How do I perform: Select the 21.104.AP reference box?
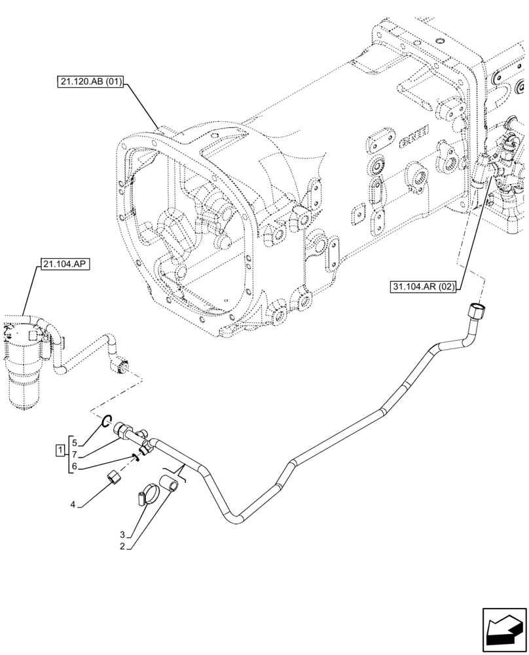[66, 265]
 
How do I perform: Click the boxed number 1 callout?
[60, 450]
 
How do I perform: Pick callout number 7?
[75, 454]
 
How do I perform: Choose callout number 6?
[75, 466]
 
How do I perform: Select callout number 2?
[122, 546]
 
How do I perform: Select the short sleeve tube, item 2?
[172, 486]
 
